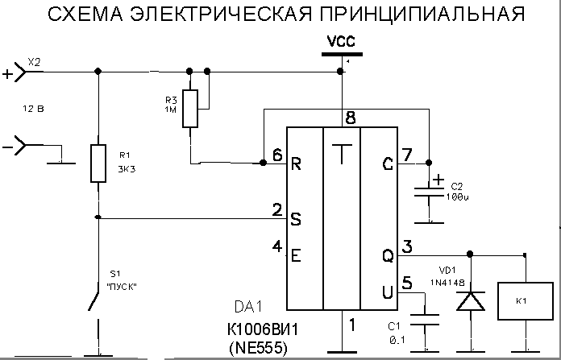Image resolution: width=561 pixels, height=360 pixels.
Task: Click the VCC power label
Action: (342, 41)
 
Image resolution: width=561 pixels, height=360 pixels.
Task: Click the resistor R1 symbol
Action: (98, 163)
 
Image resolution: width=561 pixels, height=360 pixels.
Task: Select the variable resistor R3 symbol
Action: (189, 109)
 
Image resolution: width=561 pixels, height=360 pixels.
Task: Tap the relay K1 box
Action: (522, 300)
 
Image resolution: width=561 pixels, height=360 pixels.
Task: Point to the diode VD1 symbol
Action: (470, 300)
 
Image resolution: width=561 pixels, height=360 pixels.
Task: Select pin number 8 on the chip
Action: (349, 117)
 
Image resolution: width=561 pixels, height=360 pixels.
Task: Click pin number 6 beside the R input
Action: (277, 155)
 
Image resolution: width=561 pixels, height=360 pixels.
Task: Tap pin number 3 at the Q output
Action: (407, 246)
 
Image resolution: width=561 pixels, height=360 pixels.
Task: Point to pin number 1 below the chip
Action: (350, 325)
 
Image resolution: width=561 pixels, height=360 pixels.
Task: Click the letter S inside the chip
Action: (296, 218)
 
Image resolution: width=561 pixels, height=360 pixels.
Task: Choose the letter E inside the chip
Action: (296, 255)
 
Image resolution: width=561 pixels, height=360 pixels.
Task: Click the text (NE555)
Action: (257, 348)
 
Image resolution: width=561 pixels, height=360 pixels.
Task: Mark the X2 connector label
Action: (34, 61)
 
